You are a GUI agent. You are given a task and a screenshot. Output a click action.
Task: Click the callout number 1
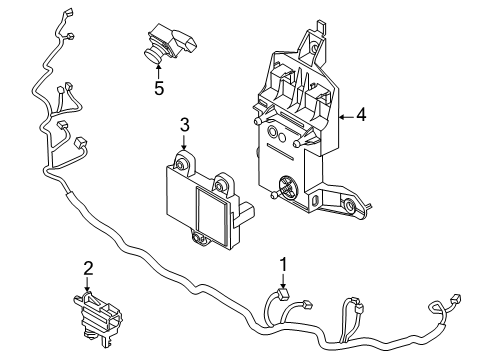click(283, 265)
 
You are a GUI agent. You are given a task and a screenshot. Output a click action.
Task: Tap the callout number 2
click(88, 269)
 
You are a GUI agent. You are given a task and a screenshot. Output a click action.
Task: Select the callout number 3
click(185, 125)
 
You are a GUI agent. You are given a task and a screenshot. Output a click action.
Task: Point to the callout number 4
click(361, 115)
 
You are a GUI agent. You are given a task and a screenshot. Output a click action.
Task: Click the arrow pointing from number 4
click(346, 117)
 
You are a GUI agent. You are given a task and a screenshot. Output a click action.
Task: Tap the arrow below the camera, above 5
click(158, 70)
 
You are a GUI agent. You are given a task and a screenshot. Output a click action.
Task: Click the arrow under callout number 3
click(184, 142)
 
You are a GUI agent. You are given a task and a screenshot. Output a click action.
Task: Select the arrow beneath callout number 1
click(283, 281)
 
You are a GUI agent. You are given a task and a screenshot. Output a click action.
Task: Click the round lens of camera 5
click(153, 55)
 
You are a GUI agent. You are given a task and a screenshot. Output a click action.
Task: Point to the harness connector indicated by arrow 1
click(283, 294)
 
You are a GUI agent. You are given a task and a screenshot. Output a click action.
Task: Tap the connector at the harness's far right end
click(455, 299)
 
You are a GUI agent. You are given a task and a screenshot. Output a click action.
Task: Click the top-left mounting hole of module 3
click(182, 166)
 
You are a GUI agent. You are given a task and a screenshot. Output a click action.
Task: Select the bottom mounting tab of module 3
click(200, 238)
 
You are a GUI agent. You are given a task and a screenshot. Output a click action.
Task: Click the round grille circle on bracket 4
click(288, 187)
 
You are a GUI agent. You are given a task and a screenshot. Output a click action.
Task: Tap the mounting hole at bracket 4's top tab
click(313, 48)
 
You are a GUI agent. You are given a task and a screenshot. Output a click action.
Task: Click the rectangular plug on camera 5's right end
click(188, 43)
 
